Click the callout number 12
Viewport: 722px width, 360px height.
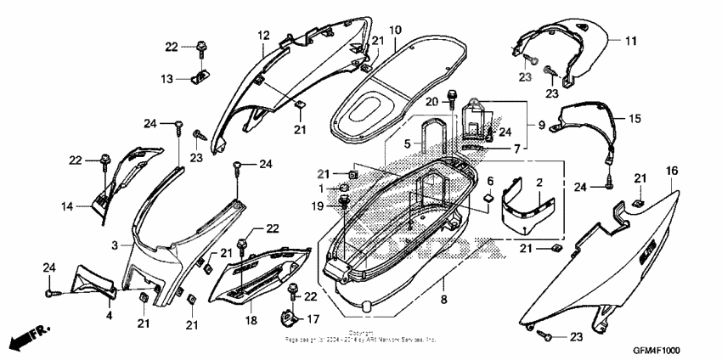tap(263, 35)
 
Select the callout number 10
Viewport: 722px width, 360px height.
tap(395, 31)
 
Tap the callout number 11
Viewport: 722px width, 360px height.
tap(630, 41)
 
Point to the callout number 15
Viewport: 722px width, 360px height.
tap(635, 120)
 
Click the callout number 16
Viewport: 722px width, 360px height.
tap(671, 172)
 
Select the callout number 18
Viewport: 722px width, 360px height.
tap(251, 321)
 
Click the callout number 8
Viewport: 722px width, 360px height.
tap(443, 300)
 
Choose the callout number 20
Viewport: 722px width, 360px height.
tap(431, 101)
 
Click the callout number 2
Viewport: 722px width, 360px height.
tap(539, 182)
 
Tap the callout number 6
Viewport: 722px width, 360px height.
tap(489, 181)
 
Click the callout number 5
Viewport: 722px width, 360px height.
tap(408, 144)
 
